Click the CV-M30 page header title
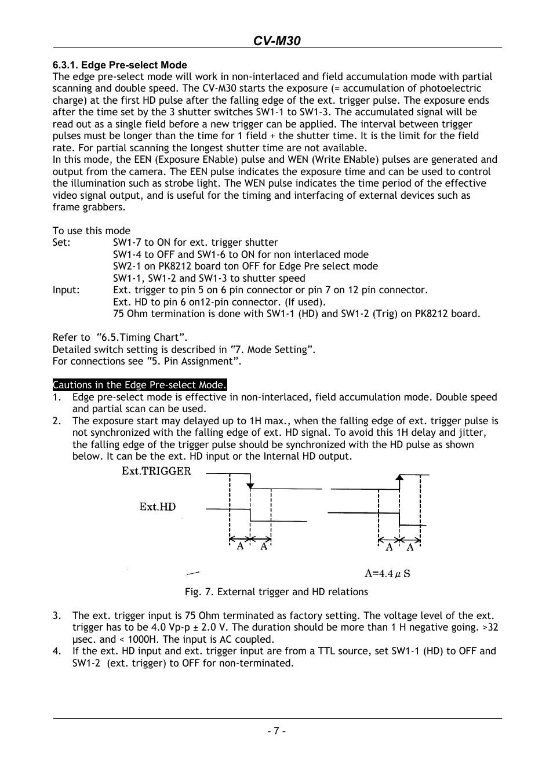(276, 40)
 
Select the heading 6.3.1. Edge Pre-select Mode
(119, 65)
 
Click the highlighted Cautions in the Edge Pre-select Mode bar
(139, 385)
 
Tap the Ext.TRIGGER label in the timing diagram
(156, 471)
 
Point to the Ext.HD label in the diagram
(157, 507)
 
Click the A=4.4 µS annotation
(387, 574)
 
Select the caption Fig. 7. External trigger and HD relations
(276, 592)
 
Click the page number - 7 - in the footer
(276, 731)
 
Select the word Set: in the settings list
(61, 242)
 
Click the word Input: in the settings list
(66, 290)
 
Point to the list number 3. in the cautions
(57, 616)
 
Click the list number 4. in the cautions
(57, 651)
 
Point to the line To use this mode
(92, 231)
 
